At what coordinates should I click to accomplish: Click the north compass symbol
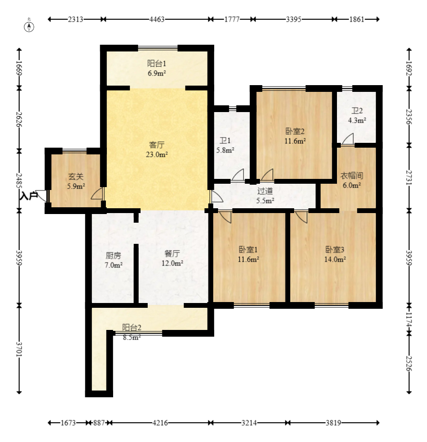point(29,26)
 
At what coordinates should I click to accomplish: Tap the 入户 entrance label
point(28,196)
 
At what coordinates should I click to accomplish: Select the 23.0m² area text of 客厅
point(156,155)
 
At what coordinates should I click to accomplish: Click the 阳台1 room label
point(156,63)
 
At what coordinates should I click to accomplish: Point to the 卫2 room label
point(357,111)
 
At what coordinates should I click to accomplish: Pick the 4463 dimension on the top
point(157,19)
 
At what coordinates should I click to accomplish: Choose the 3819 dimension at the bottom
point(333,423)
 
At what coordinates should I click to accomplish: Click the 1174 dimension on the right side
point(409,319)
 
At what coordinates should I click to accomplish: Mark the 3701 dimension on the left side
point(19,349)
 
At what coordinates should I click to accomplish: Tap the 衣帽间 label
point(351,176)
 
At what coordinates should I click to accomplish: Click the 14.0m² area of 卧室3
point(335,259)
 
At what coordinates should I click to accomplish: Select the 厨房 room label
point(113,256)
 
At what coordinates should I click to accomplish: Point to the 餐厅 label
point(172,253)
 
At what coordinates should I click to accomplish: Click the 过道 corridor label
point(265,191)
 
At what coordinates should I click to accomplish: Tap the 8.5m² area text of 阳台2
point(132,337)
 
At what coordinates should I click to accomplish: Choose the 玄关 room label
point(76,177)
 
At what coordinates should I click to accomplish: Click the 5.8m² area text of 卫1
point(225,150)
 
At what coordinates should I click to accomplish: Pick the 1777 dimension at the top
point(232,19)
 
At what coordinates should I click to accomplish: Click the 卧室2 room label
point(295,131)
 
